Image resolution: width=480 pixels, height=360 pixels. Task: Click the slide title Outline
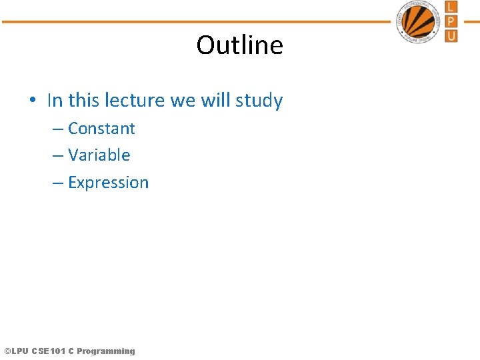pos(239,45)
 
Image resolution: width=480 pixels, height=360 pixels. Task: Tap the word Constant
pos(101,128)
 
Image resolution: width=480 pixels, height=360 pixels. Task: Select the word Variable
pos(99,155)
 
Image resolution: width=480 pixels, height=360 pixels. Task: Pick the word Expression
pos(108,183)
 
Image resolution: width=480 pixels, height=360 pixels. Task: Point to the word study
pos(259,101)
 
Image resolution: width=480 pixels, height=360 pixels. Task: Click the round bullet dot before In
pos(32,101)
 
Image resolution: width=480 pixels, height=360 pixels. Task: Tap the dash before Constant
pos(57,129)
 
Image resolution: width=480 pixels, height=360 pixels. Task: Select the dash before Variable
pos(57,156)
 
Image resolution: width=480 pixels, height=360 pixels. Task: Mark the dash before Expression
pos(57,183)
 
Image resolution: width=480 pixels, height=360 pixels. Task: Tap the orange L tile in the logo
pos(451,8)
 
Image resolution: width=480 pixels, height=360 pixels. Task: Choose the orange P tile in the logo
pos(451,21)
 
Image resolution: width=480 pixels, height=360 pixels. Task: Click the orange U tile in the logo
pos(451,35)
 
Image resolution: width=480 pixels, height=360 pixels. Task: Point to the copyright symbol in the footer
pos(7,351)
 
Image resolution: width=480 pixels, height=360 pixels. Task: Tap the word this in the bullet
pos(83,101)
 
